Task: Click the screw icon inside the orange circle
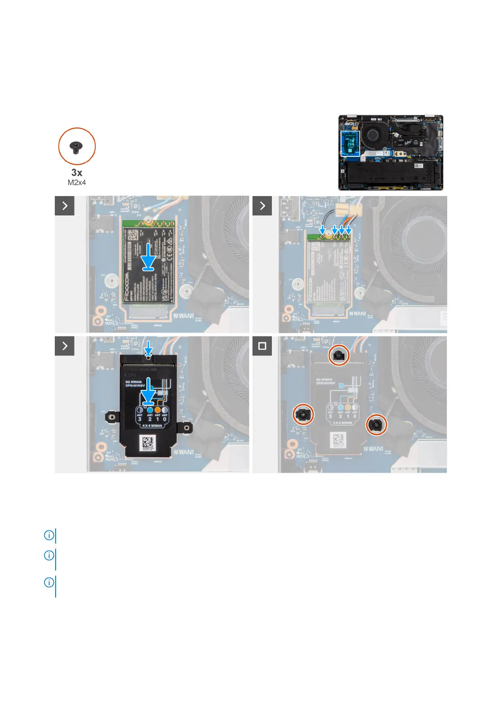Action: (x=76, y=147)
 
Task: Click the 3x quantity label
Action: (x=77, y=172)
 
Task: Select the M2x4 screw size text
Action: (x=77, y=183)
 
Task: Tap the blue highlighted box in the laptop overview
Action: (x=350, y=143)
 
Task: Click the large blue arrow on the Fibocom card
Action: (x=148, y=257)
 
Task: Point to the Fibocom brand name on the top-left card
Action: (x=127, y=287)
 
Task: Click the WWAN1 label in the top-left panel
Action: (x=183, y=316)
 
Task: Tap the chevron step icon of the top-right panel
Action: (x=262, y=206)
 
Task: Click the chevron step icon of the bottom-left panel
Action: (x=64, y=346)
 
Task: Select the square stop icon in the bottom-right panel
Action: (x=262, y=346)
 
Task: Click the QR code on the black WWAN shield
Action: (x=148, y=443)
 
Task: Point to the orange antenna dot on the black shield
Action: (x=158, y=409)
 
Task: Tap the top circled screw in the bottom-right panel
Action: (x=339, y=356)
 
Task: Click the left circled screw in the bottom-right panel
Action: (x=303, y=414)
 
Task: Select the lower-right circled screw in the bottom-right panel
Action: (x=376, y=425)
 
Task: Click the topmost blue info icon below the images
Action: (x=49, y=535)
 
